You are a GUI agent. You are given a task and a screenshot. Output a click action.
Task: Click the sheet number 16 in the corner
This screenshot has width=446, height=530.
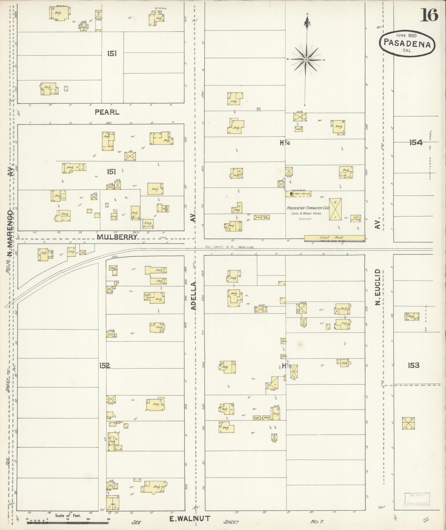[429, 15]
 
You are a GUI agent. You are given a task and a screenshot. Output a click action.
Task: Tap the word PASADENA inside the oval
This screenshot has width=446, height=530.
[407, 44]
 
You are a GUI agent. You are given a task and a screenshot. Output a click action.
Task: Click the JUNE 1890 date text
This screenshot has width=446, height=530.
[407, 35]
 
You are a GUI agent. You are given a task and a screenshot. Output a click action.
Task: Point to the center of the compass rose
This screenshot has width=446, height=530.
[306, 59]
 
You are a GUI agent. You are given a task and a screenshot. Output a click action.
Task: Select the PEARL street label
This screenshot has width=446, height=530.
[107, 113]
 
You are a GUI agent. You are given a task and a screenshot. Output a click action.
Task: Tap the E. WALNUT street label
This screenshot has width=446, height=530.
[190, 519]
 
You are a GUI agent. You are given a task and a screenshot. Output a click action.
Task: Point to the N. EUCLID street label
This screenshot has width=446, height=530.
[377, 287]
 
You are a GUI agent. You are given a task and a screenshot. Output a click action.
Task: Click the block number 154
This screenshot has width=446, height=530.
[415, 143]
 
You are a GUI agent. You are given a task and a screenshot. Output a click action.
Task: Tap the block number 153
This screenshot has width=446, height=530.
[413, 365]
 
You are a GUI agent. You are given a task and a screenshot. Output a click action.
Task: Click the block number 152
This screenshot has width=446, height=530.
[105, 366]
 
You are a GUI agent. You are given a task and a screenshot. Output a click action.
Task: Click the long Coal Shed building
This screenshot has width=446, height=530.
[334, 238]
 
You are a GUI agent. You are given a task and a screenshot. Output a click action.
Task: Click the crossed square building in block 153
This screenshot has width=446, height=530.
[408, 423]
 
